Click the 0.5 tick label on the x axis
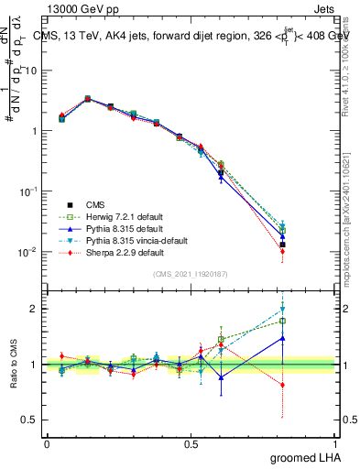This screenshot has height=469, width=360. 191,442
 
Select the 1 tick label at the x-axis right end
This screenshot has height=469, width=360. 333,442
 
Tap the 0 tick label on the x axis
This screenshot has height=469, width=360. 48,442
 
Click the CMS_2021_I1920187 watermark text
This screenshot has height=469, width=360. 191,274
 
